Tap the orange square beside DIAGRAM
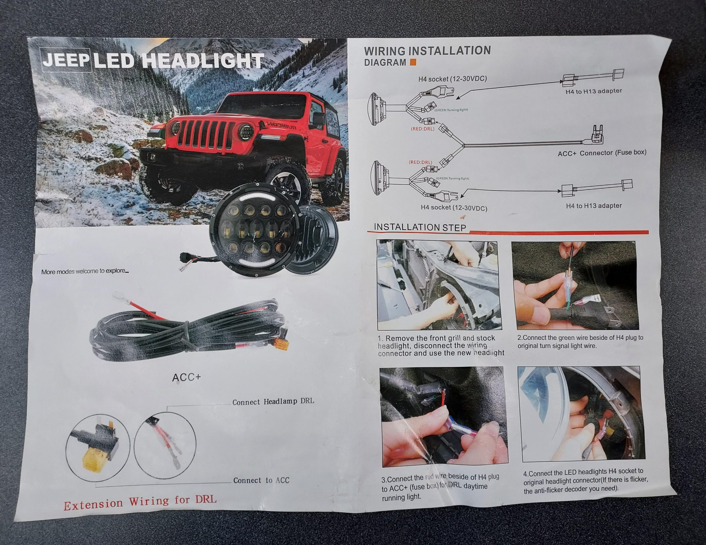413,62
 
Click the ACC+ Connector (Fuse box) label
602,153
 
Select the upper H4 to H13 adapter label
593,91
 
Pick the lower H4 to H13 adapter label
594,206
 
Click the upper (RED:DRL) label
422,129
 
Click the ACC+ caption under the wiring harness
186,377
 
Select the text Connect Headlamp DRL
273,401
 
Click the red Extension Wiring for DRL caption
140,502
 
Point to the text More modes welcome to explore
85,271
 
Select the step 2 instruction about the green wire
580,341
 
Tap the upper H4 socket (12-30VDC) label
453,79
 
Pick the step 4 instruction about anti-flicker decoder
586,481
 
